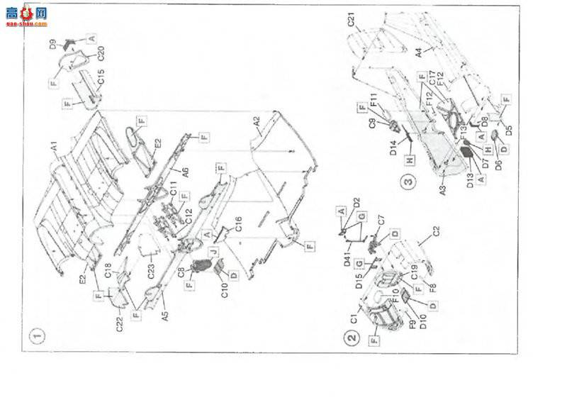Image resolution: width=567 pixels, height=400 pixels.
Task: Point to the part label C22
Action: coord(120,323)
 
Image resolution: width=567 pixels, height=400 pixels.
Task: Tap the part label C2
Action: coord(437,231)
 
